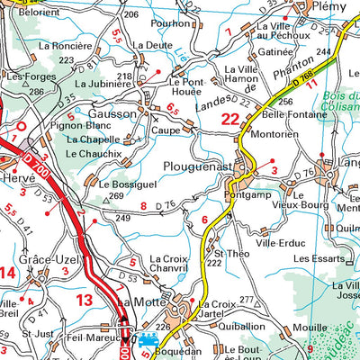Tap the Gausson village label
pos(112,114)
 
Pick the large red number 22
pos(231,118)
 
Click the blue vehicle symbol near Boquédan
pos(149,341)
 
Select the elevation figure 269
pos(115,196)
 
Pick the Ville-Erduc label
pos(278,242)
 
